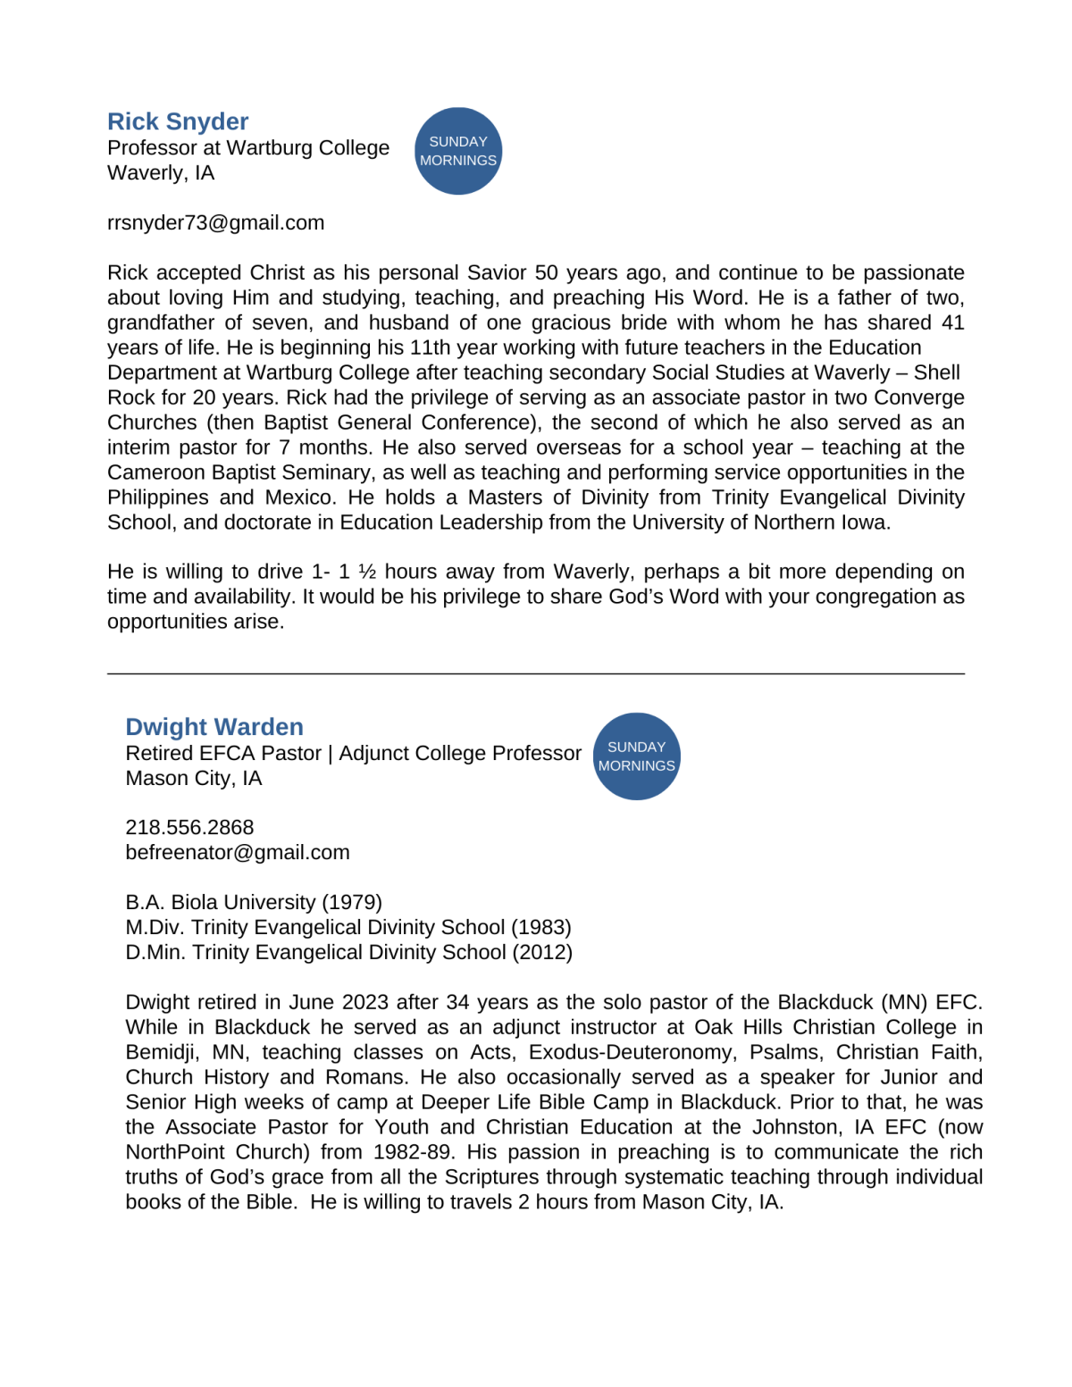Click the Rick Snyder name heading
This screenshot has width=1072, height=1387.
pos(178,121)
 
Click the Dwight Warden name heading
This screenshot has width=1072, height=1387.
pos(214,727)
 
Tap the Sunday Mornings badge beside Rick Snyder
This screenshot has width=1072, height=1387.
pos(458,151)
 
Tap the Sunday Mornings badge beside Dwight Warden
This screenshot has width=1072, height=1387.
pos(637,756)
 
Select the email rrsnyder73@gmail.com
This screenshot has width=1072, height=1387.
pos(215,223)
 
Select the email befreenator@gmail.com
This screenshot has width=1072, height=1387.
pos(238,853)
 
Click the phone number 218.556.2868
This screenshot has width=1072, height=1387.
pos(189,828)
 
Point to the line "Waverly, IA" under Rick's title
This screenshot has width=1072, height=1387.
pos(161,173)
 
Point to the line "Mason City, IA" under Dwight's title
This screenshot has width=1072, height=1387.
pos(194,779)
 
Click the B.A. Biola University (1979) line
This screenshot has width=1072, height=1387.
pos(254,903)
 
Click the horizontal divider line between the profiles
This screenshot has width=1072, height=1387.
pos(536,674)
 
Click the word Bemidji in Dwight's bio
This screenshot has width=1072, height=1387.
pos(160,1052)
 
